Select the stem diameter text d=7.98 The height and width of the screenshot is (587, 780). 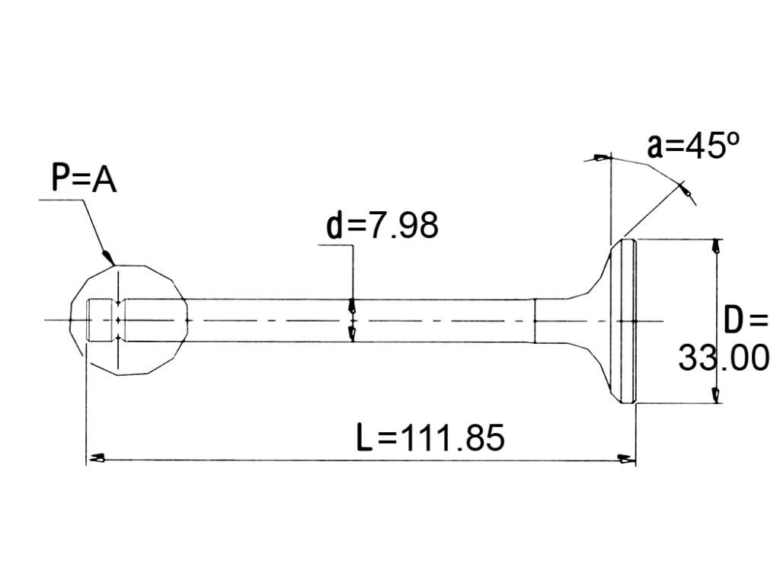(x=382, y=225)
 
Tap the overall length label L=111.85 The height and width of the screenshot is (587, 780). (x=431, y=438)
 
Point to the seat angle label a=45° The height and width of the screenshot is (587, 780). (x=693, y=146)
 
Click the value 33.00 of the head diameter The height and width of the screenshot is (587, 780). (x=724, y=358)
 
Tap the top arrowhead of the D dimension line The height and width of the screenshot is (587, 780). (x=716, y=247)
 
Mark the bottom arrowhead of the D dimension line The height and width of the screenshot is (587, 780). (x=716, y=394)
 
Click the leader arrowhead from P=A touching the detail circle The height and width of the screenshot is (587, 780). (x=108, y=258)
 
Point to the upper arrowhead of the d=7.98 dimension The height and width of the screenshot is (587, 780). (x=353, y=305)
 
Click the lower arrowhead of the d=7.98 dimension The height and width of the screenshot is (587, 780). (x=353, y=334)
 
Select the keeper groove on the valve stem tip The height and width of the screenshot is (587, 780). (x=118, y=319)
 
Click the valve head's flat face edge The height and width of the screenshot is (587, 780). (x=636, y=321)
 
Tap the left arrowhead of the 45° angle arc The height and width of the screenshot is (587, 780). (x=600, y=159)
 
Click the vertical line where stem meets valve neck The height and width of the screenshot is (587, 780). (x=535, y=321)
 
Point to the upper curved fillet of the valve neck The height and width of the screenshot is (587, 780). (x=590, y=279)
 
